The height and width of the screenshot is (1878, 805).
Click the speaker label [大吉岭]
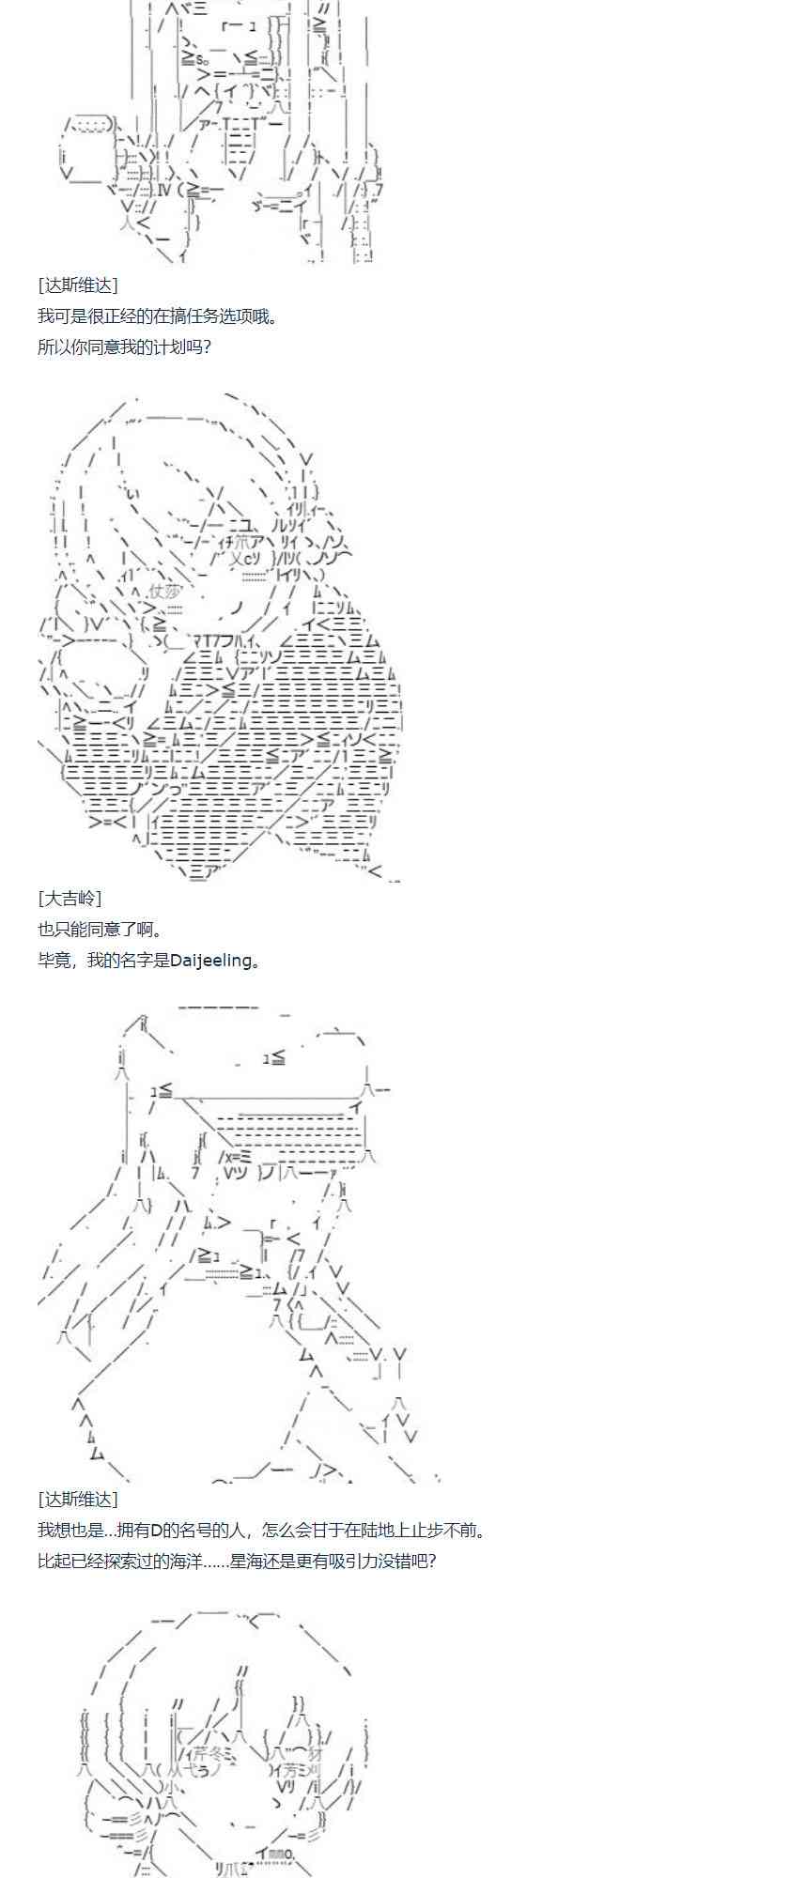click(x=70, y=898)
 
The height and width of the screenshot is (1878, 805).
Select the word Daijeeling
click(x=211, y=960)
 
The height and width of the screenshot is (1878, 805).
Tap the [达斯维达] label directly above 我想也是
click(x=78, y=1500)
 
